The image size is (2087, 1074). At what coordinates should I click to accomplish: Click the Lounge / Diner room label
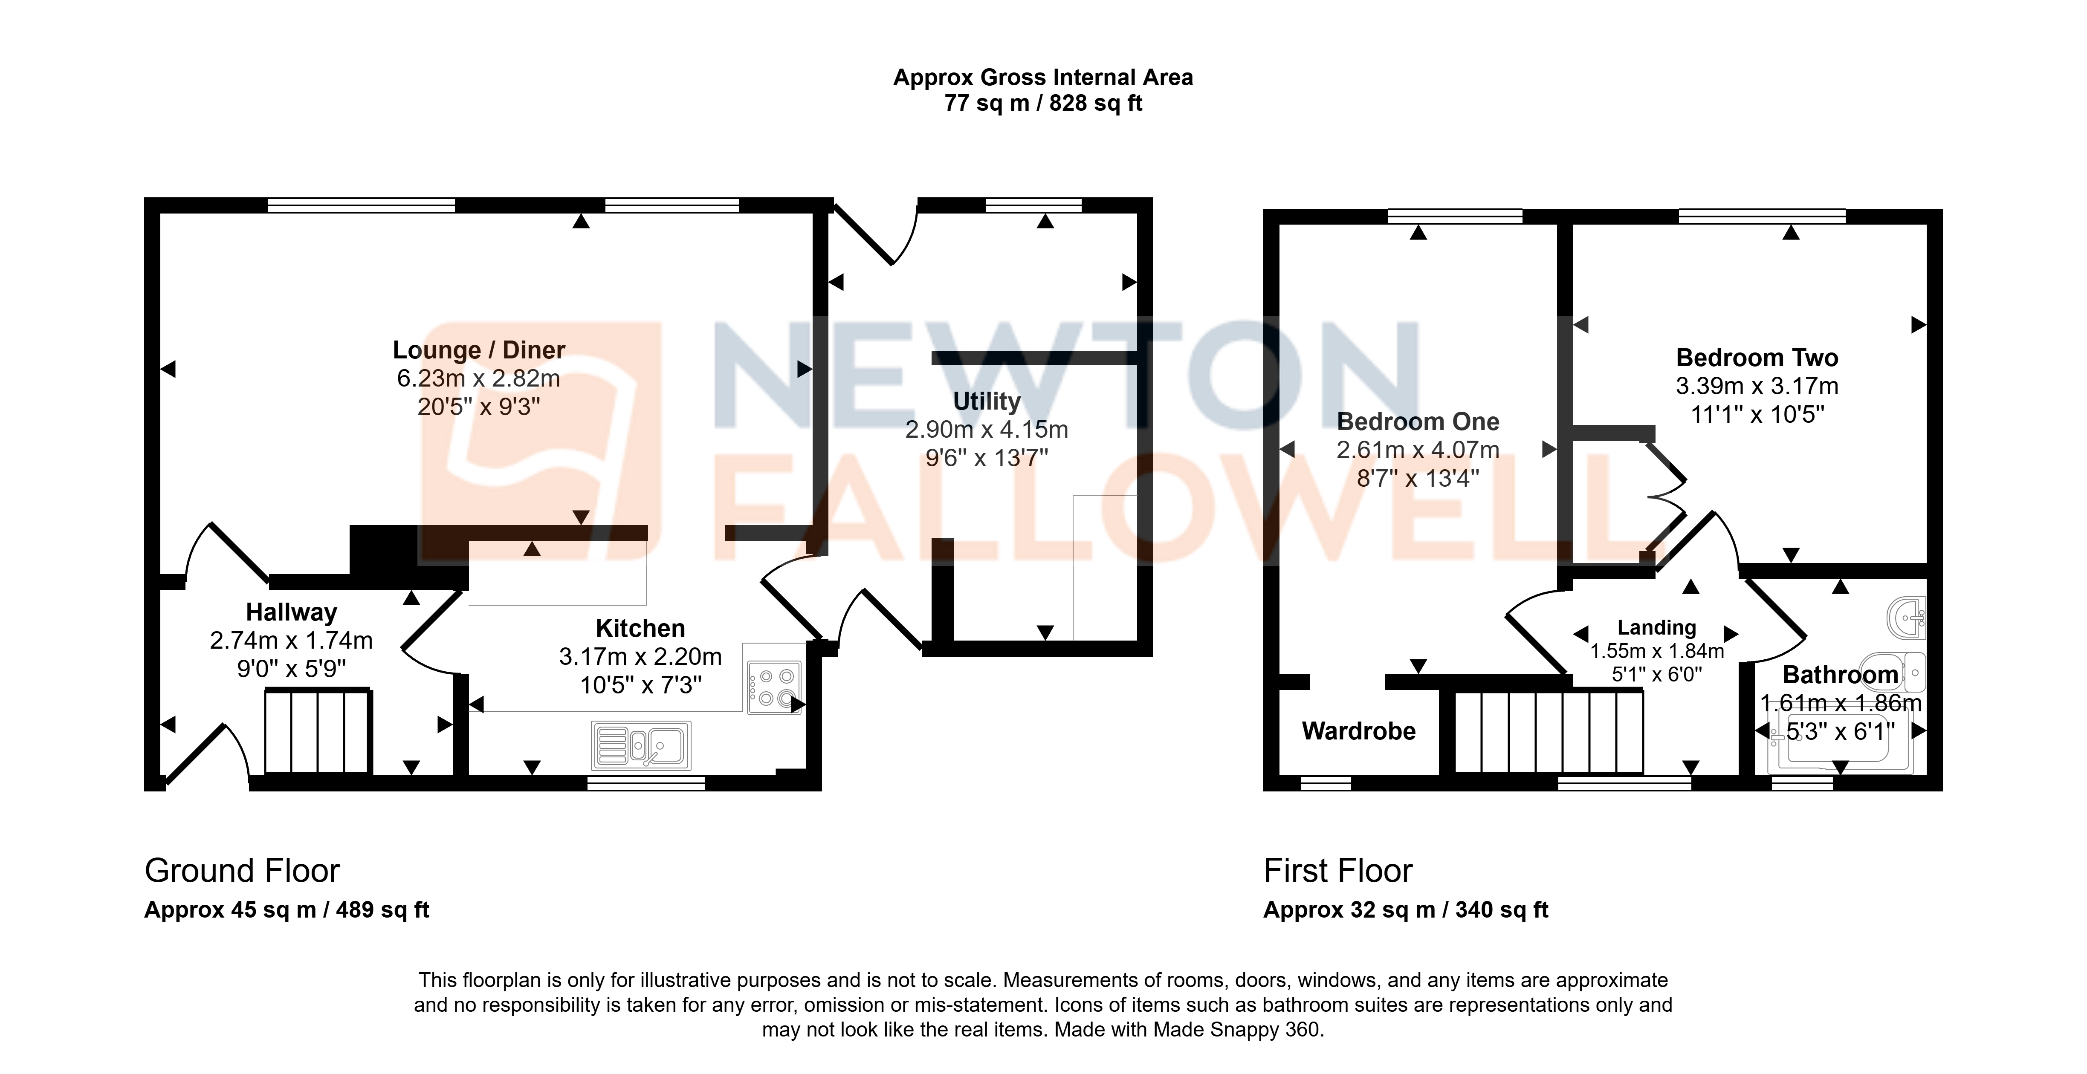point(479,350)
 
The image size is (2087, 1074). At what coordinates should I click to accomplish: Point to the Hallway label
point(292,612)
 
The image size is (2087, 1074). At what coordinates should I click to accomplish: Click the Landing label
point(1657,628)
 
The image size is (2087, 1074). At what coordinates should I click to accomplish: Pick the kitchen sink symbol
point(641,745)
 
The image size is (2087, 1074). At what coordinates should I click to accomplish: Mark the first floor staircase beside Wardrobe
point(1549,731)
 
